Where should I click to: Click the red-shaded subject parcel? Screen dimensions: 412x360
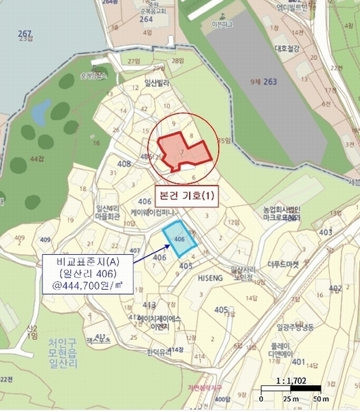tap(180, 153)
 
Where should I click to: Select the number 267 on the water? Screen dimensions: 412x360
tap(25, 34)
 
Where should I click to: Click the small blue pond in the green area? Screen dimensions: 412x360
tap(42, 108)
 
